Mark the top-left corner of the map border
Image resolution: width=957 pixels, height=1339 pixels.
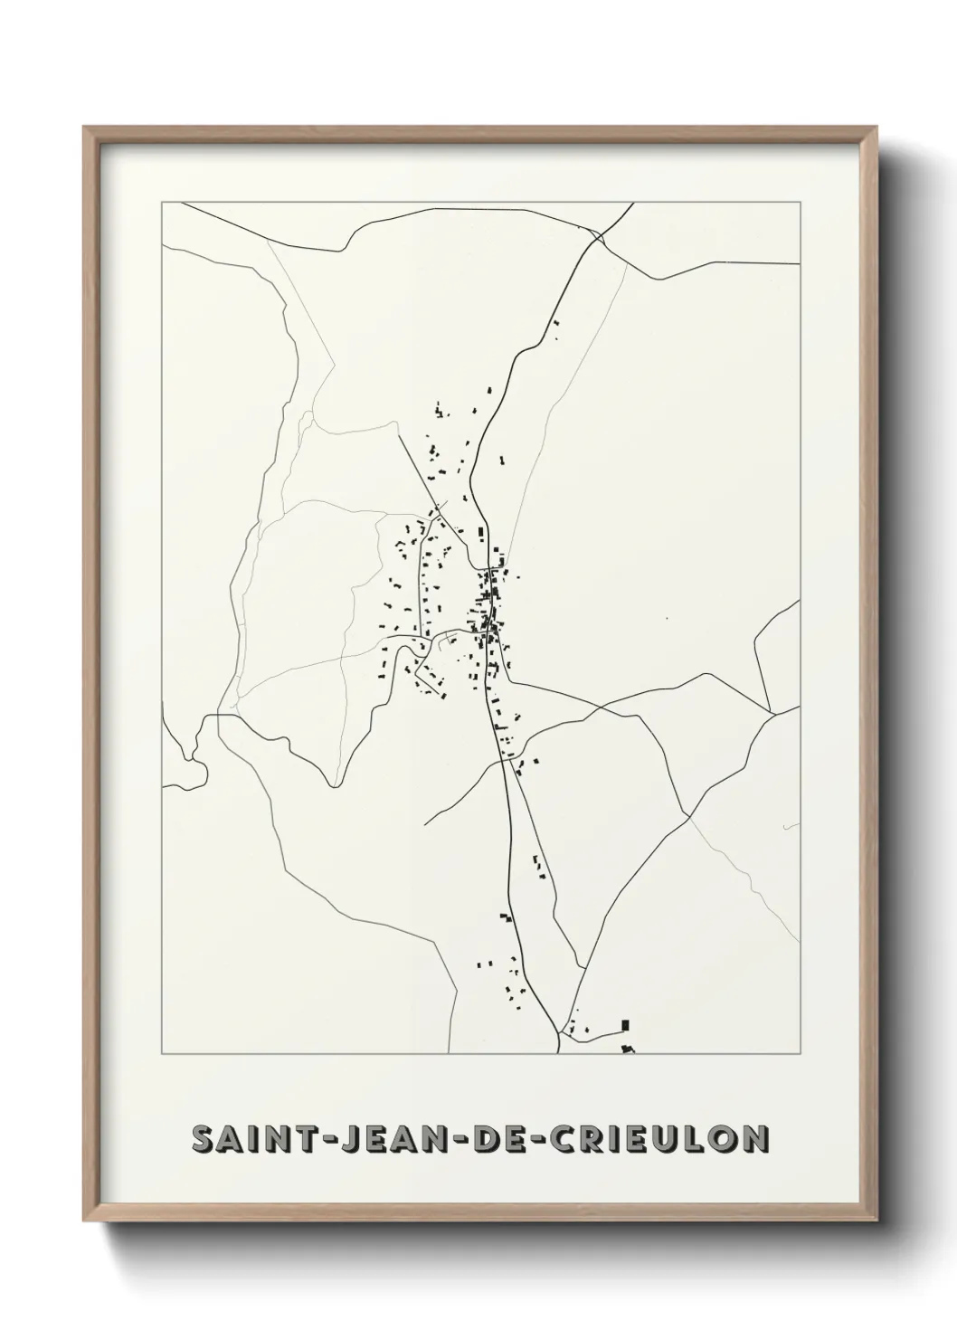pos(162,203)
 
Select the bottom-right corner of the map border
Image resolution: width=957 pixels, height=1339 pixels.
pos(800,1055)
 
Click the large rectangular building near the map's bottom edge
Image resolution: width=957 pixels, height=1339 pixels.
pos(624,1025)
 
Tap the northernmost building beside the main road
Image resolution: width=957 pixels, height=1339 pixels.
pos(556,322)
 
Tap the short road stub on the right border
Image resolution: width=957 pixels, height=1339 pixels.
pos(791,825)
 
